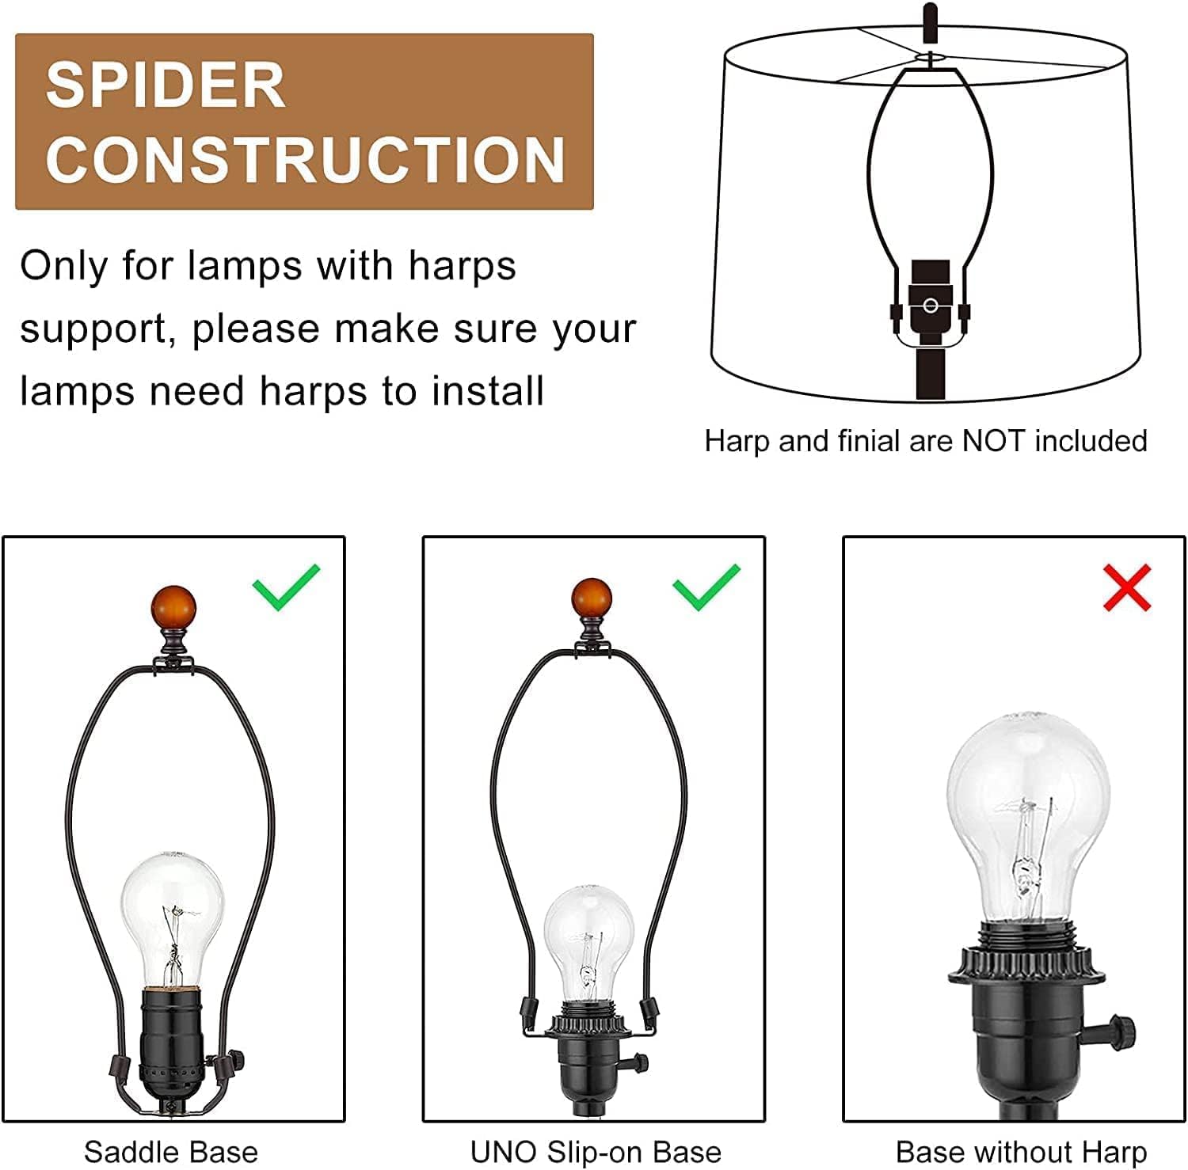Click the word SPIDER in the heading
(x=166, y=85)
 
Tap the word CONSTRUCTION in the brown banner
(x=306, y=159)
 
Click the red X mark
(x=1126, y=587)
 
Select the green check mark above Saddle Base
(x=286, y=587)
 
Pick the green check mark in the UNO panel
(x=706, y=587)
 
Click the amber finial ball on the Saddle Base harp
(x=173, y=608)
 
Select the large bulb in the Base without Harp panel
(x=1028, y=819)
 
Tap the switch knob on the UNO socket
(x=638, y=1063)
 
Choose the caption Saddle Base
(x=171, y=1152)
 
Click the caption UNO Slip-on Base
(x=596, y=1152)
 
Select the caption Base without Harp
(x=1021, y=1152)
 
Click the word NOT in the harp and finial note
(x=994, y=441)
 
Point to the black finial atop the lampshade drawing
(x=930, y=25)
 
